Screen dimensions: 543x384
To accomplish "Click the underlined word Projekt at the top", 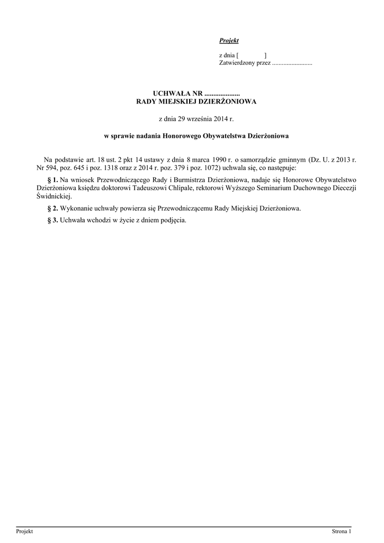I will pyautogui.click(x=229, y=41).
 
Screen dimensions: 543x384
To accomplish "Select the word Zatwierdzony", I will pyautogui.click(x=237, y=63).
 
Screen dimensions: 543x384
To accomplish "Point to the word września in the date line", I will pyautogui.click(x=200, y=120).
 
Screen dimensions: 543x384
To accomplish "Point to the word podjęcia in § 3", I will pyautogui.click(x=173, y=220).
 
